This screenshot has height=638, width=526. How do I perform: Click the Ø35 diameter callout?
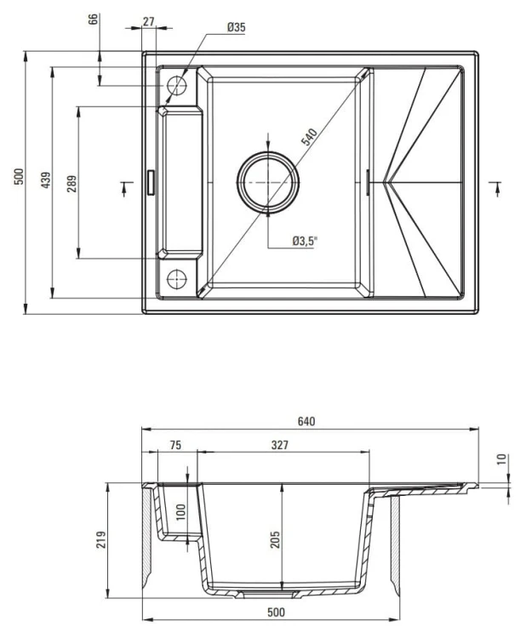click(x=236, y=28)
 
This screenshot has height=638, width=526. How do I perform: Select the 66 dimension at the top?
click(x=94, y=20)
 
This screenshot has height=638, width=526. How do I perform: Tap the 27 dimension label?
click(x=149, y=21)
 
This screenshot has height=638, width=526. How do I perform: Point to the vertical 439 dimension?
click(x=47, y=181)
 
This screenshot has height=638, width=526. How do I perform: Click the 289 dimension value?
click(x=71, y=182)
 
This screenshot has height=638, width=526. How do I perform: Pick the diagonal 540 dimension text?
click(x=308, y=139)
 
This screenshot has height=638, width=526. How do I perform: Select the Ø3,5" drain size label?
click(x=304, y=241)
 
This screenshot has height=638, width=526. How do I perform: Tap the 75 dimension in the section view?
click(x=175, y=445)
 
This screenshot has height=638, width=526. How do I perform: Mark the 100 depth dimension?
click(x=180, y=512)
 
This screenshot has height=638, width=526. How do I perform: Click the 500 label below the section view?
click(x=274, y=612)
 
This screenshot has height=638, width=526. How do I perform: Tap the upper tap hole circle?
click(x=177, y=85)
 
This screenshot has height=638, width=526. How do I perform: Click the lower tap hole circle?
click(x=177, y=277)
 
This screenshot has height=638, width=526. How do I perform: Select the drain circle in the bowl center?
click(x=269, y=181)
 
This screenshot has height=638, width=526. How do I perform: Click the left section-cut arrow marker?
click(x=125, y=186)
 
